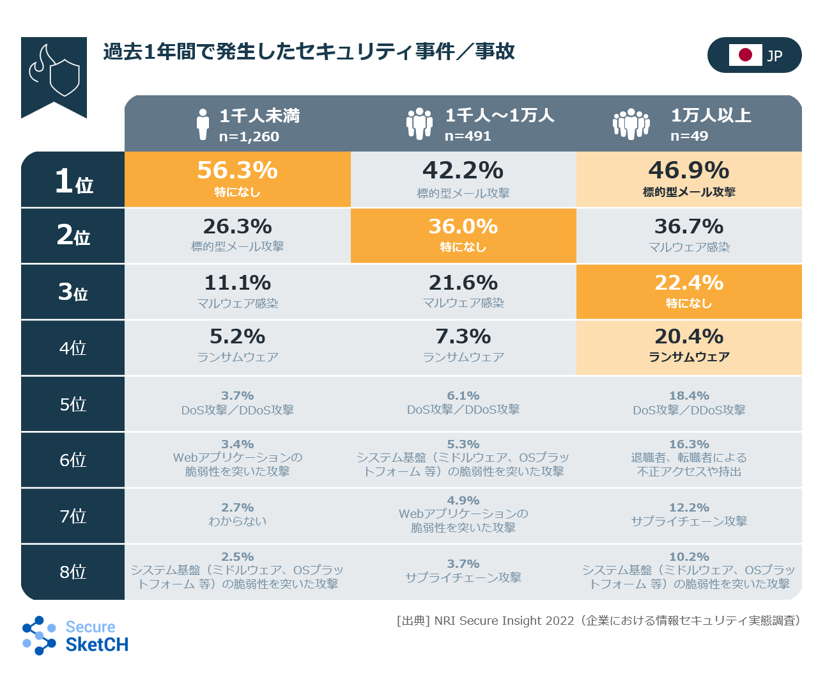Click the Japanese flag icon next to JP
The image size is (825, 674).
click(745, 55)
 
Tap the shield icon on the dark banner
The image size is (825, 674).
click(64, 77)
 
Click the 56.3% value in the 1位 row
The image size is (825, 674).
click(237, 171)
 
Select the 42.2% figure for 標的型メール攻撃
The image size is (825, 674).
click(463, 171)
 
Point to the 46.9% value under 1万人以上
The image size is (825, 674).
click(688, 171)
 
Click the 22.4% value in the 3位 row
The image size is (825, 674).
click(688, 283)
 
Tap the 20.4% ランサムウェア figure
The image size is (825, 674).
click(688, 336)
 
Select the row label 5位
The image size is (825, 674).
click(73, 404)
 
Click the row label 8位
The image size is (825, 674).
click(73, 572)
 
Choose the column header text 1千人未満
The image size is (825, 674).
click(259, 116)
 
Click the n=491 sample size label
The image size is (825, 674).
click(468, 136)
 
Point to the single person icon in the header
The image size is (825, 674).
click(203, 124)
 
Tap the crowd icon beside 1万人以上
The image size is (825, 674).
click(631, 124)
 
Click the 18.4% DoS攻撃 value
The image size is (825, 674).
click(688, 396)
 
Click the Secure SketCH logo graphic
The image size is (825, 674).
click(39, 635)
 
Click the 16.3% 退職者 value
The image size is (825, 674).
click(688, 444)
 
